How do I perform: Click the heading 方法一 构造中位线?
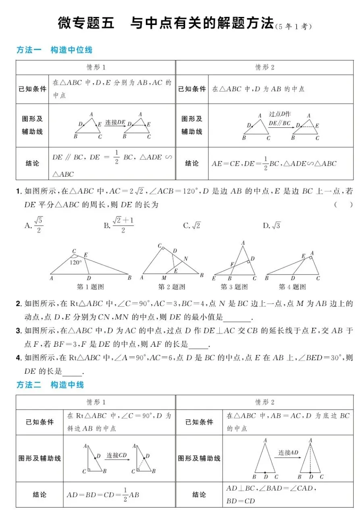[x=54, y=50]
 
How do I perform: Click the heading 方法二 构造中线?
[x=50, y=385]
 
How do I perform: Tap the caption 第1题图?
[x=90, y=287]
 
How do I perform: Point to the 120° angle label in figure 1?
[x=75, y=262]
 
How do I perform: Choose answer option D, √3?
[x=272, y=226]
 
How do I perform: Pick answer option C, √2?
[x=192, y=226]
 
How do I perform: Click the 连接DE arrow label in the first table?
[x=115, y=123]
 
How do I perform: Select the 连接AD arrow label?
[x=288, y=453]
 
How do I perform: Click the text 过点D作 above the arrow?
[x=280, y=114]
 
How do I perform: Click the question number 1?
[x=19, y=191]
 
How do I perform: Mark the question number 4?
[x=19, y=358]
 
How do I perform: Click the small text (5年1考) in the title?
[x=293, y=27]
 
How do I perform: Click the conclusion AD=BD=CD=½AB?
[x=103, y=494]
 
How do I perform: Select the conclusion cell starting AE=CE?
[x=274, y=164]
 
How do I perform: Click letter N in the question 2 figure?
[x=185, y=259]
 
